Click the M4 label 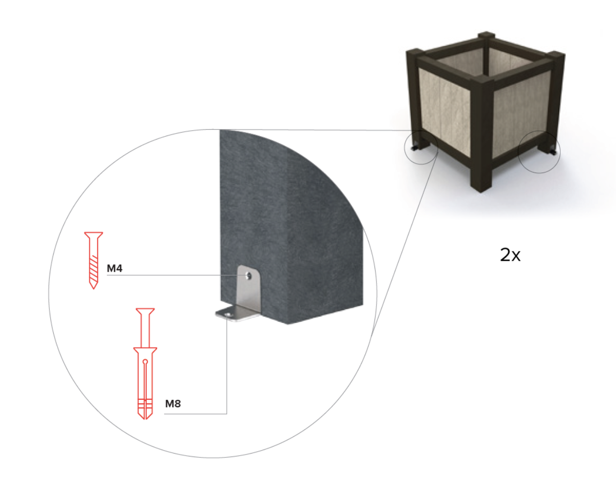[114, 268]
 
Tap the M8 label [173, 404]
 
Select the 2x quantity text [510, 255]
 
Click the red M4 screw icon [94, 260]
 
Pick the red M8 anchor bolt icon [145, 364]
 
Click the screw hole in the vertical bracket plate [249, 276]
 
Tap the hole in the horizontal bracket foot [228, 315]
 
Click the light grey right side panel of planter [521, 114]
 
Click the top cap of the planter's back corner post [486, 35]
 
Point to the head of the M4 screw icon [94, 235]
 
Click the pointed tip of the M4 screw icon [94, 289]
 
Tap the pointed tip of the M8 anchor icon [145, 419]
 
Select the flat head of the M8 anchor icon [145, 310]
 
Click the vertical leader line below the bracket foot [227, 365]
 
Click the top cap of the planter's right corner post [557, 54]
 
